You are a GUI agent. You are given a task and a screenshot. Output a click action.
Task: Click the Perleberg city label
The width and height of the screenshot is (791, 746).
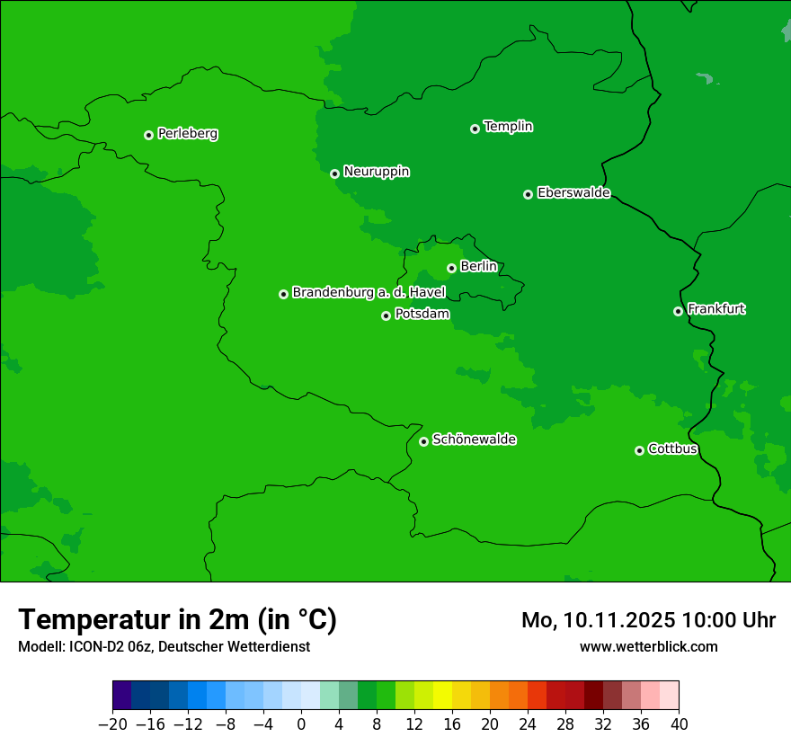(187, 134)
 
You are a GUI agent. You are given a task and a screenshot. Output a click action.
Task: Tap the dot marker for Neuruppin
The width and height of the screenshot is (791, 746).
(334, 173)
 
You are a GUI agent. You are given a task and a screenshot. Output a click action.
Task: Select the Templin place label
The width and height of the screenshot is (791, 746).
(508, 127)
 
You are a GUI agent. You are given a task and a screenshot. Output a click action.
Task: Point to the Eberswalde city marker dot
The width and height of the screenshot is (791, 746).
(528, 194)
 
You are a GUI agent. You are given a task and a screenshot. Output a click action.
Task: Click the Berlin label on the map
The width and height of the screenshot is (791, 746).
(478, 266)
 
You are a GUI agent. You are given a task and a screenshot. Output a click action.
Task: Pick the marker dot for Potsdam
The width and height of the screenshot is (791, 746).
(386, 315)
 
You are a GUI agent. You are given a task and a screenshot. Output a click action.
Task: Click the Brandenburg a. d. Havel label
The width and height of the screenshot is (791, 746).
(369, 292)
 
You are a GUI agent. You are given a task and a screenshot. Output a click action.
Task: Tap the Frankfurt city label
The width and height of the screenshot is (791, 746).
(715, 309)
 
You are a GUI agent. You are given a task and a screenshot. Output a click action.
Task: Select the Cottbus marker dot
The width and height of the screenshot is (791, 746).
(639, 450)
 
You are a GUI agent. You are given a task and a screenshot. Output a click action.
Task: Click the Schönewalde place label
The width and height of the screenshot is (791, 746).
(474, 440)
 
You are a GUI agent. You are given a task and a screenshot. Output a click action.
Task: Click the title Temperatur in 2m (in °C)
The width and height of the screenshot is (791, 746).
(177, 619)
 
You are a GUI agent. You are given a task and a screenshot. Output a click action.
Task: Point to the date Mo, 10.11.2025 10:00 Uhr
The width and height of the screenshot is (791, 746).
(648, 620)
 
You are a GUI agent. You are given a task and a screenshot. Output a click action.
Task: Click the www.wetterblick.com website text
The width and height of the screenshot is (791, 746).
(648, 646)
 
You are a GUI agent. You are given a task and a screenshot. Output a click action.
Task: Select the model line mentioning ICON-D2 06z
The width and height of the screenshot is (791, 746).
(164, 646)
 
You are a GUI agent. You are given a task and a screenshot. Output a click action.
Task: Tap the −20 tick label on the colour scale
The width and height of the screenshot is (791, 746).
(112, 724)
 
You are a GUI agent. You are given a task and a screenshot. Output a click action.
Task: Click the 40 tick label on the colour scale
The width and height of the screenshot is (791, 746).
(679, 724)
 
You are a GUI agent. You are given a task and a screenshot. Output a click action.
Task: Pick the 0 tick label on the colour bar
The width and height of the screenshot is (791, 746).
(301, 724)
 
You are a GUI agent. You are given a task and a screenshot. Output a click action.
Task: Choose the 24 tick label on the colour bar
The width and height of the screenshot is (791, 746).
(528, 724)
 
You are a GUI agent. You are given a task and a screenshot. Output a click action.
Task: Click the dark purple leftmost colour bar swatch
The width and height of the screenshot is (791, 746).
(122, 695)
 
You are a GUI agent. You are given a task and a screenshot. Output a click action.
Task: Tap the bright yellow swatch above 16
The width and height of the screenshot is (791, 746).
(442, 695)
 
